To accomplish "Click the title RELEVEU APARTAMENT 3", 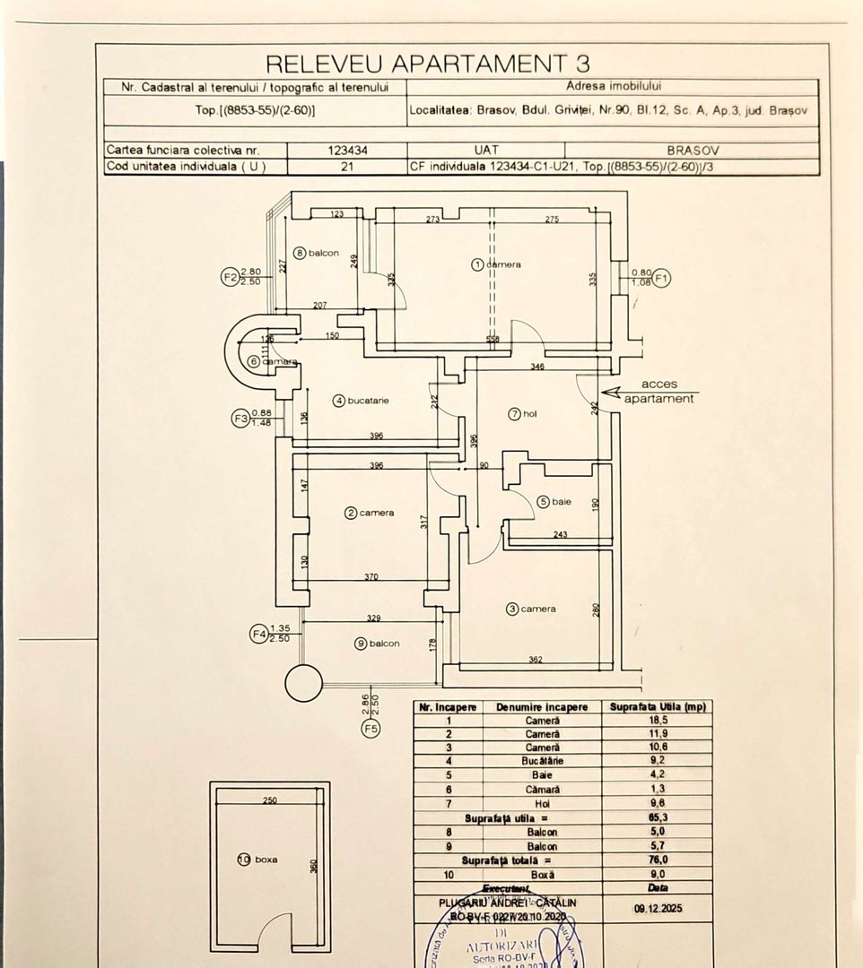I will pos(428,63).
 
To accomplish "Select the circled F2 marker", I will pos(229,277).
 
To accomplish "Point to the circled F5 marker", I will pos(369,729).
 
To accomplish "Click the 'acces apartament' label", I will pos(659,392).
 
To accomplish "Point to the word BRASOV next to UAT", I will pos(693,151).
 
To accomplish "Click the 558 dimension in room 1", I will pos(493,340).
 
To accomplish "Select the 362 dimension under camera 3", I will pos(535,661).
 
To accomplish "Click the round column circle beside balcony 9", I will pos(303,684).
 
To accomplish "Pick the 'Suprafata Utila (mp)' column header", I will pos(658,707).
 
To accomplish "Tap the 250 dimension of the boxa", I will pos(269,800).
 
